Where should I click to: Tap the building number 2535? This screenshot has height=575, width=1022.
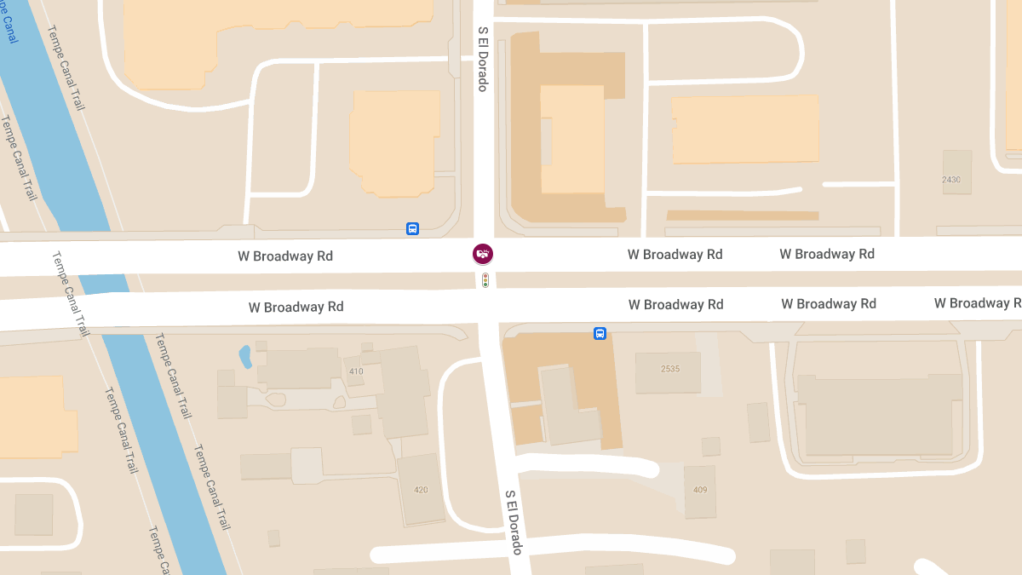click(670, 369)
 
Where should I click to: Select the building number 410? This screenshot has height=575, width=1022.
click(355, 371)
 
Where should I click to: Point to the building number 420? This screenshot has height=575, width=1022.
click(421, 490)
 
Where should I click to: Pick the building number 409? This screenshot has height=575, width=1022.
click(700, 490)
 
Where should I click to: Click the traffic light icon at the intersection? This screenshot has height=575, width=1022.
click(485, 279)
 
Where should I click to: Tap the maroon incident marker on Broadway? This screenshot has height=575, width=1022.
click(483, 253)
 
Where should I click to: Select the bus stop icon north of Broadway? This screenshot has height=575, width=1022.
click(412, 228)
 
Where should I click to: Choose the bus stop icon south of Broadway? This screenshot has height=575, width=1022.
click(600, 333)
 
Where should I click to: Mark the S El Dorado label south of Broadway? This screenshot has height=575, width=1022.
click(512, 521)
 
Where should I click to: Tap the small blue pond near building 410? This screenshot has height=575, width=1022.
click(245, 355)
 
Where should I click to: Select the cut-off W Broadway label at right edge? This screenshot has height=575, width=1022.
click(977, 303)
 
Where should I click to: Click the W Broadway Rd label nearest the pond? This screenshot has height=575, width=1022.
click(296, 307)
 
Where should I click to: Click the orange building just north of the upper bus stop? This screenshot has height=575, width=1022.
click(393, 143)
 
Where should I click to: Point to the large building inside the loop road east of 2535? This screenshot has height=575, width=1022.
click(877, 413)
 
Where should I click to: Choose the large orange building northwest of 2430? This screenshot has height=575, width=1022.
click(745, 129)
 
